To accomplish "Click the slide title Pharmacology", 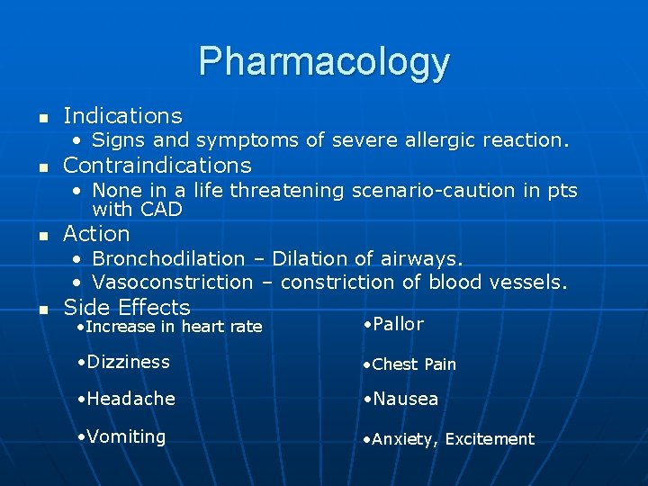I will pos(324,61).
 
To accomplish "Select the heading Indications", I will pos(122,116).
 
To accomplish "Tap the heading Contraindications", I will pos(157,166).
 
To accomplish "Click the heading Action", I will pos(96,234).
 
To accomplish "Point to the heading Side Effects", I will pos(127,307).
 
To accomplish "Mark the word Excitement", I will pos(490,439).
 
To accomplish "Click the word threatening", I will pos(289,191).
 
